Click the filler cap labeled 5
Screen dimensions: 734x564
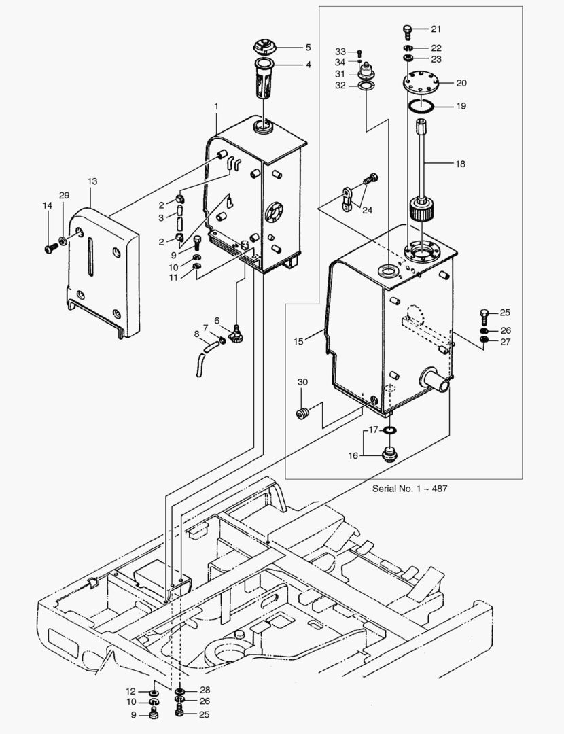click(x=262, y=48)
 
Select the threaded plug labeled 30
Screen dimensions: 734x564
click(x=304, y=413)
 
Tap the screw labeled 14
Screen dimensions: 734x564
click(x=49, y=248)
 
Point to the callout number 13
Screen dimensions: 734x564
click(x=92, y=181)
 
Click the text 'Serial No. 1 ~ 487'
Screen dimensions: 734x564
click(x=409, y=489)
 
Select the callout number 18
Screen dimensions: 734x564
click(x=461, y=163)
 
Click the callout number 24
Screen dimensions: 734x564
click(x=368, y=209)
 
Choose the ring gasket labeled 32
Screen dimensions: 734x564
click(x=366, y=86)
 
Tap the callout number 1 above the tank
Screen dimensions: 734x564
click(x=216, y=107)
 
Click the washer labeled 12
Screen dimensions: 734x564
click(x=154, y=692)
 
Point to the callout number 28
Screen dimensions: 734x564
click(x=205, y=690)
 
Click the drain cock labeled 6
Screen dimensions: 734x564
click(x=237, y=332)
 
